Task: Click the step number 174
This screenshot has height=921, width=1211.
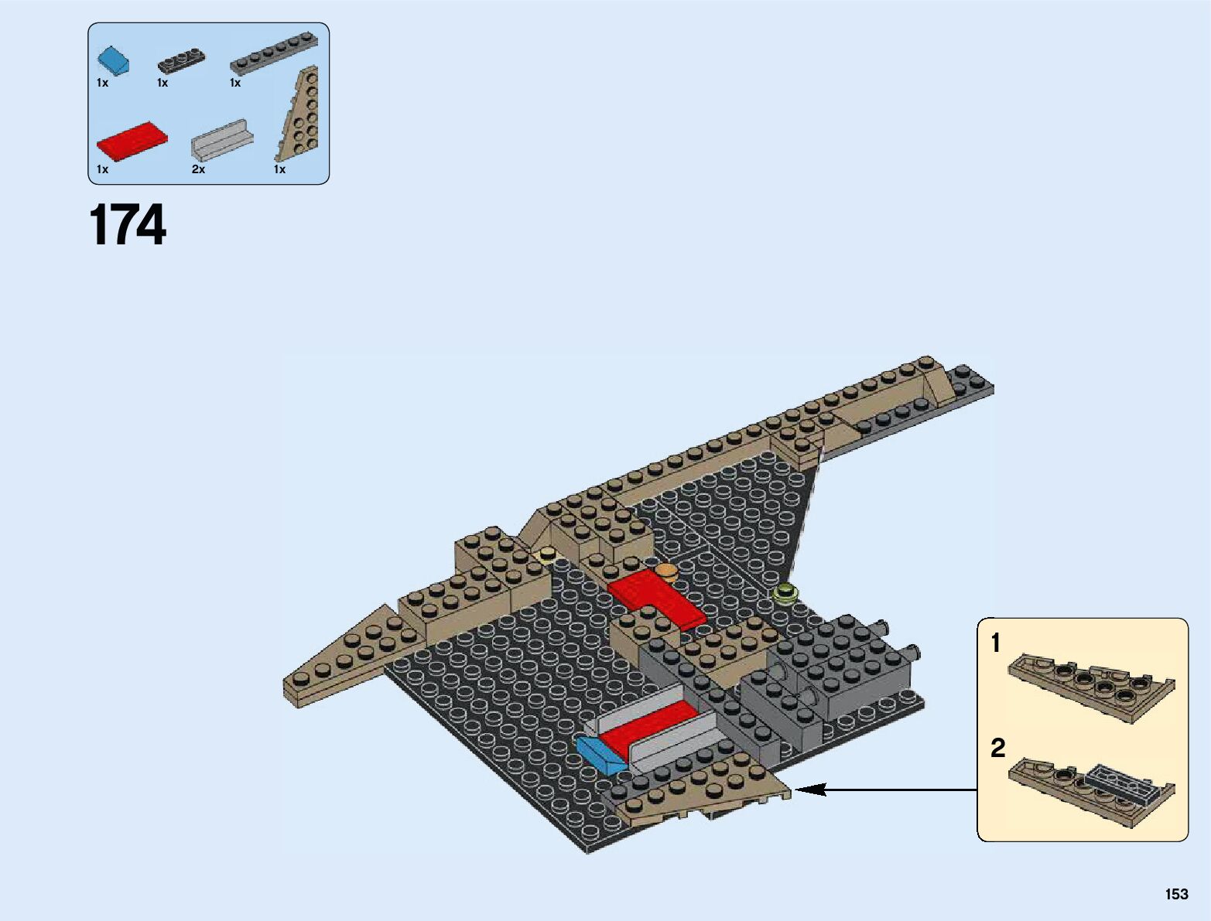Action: pyautogui.click(x=128, y=225)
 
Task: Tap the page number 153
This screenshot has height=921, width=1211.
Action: pyautogui.click(x=1176, y=894)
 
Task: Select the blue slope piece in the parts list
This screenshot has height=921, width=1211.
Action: pyautogui.click(x=113, y=61)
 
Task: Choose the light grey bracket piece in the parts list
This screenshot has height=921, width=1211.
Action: pyautogui.click(x=222, y=139)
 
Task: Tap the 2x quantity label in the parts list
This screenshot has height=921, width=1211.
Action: pyautogui.click(x=198, y=169)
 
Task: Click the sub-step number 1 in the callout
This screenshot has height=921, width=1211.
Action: pyautogui.click(x=996, y=643)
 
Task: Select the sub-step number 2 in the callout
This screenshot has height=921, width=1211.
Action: pyautogui.click(x=997, y=748)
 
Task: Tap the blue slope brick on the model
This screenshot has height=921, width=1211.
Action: pyautogui.click(x=600, y=754)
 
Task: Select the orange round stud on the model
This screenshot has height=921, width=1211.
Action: pyautogui.click(x=665, y=573)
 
